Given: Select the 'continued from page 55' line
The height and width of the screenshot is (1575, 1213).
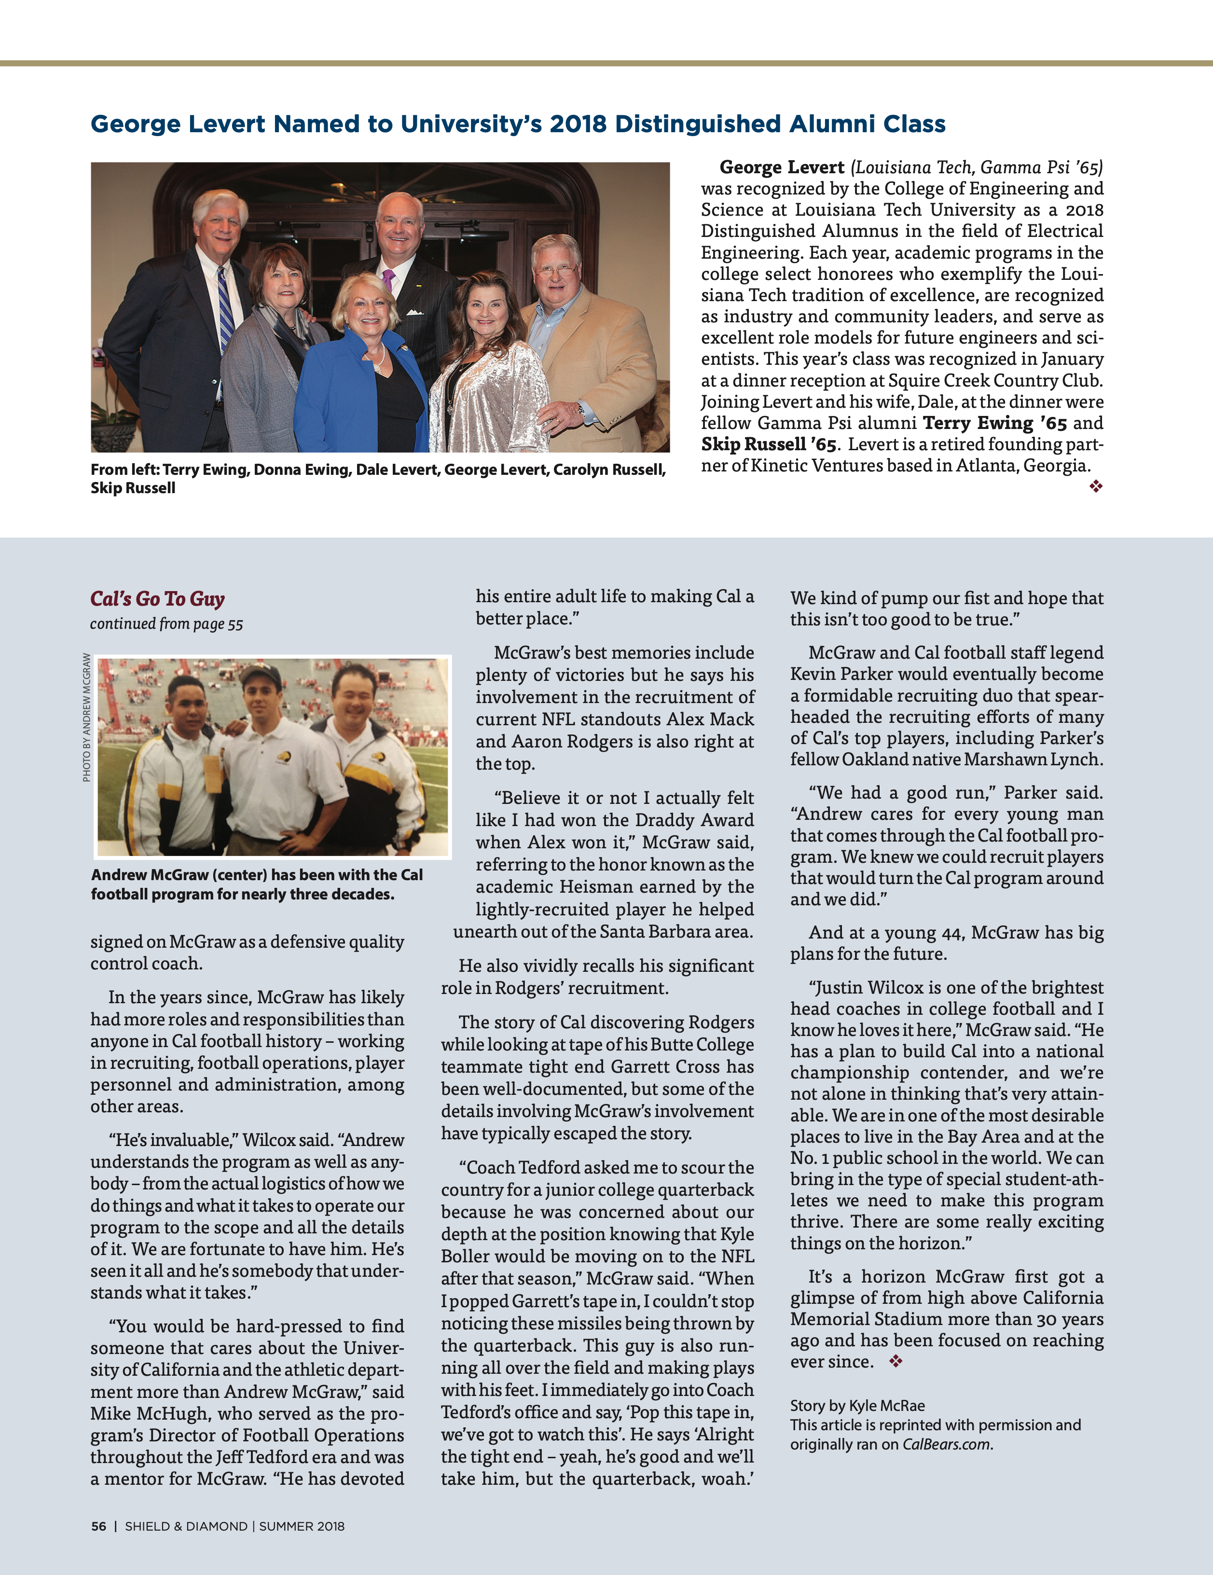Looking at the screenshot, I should click(x=166, y=624).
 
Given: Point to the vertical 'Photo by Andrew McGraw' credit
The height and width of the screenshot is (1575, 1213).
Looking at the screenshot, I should click(x=86, y=717).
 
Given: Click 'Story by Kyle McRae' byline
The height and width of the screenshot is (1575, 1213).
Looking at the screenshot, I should click(x=857, y=1406).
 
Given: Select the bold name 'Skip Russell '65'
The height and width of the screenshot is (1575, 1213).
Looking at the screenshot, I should click(x=768, y=444).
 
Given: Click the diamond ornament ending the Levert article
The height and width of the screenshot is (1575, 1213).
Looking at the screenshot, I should click(x=1095, y=487).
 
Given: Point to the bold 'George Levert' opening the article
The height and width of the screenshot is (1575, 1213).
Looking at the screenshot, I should click(x=782, y=167).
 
